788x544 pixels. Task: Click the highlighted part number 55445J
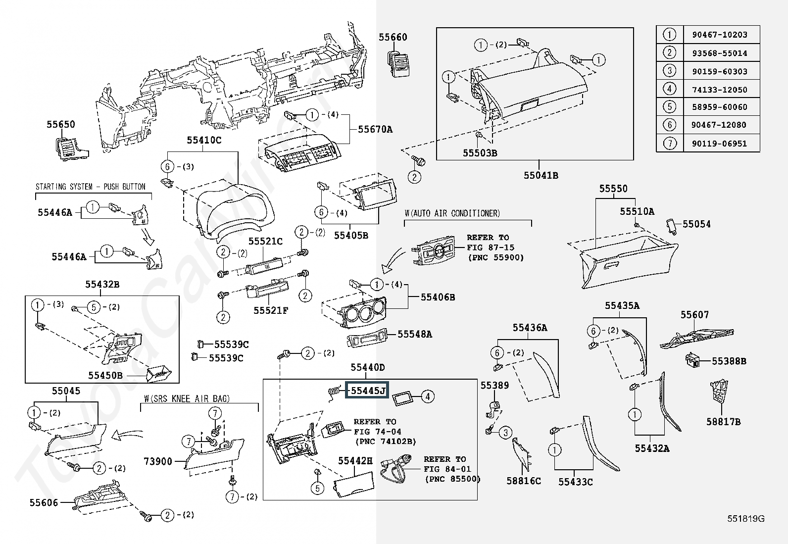pyautogui.click(x=368, y=391)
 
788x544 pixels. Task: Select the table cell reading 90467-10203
pyautogui.click(x=719, y=35)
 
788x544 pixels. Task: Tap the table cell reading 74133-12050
pyautogui.click(x=719, y=90)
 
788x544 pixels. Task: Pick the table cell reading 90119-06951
pyautogui.click(x=719, y=144)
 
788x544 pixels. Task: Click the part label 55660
pyautogui.click(x=393, y=37)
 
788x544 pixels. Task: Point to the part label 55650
pyautogui.click(x=61, y=125)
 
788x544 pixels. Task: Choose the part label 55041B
pyautogui.click(x=541, y=175)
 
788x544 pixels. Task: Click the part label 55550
pyautogui.click(x=613, y=189)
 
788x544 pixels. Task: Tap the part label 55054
pyautogui.click(x=696, y=224)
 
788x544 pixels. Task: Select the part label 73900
pyautogui.click(x=158, y=461)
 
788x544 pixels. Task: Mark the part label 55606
pyautogui.click(x=44, y=502)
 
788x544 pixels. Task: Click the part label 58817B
pyautogui.click(x=723, y=422)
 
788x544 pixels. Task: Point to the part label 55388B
pyautogui.click(x=729, y=361)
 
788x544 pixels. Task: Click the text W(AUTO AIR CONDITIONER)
pyautogui.click(x=452, y=213)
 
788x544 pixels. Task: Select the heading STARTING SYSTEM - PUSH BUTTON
pyautogui.click(x=91, y=187)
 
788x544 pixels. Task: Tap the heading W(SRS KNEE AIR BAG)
pyautogui.click(x=187, y=398)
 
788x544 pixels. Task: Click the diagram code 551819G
pyautogui.click(x=745, y=519)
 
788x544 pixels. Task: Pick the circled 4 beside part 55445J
pyautogui.click(x=428, y=396)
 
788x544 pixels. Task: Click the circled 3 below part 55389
pyautogui.click(x=505, y=433)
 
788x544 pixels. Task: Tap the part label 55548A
pyautogui.click(x=415, y=334)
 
